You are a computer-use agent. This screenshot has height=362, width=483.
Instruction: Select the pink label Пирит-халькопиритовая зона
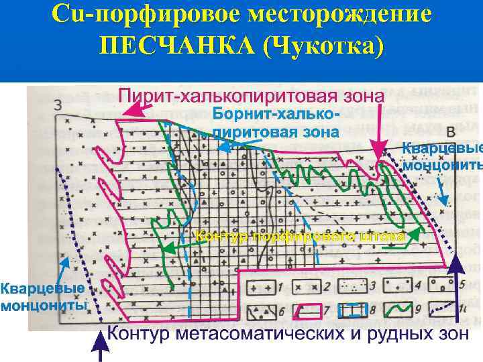252,96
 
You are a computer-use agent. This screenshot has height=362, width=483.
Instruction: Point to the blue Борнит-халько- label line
276,114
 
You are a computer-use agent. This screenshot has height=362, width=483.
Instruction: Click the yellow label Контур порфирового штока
300,237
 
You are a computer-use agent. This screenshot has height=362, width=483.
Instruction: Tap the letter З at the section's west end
58,105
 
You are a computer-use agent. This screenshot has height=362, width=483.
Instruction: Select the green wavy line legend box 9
400,310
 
